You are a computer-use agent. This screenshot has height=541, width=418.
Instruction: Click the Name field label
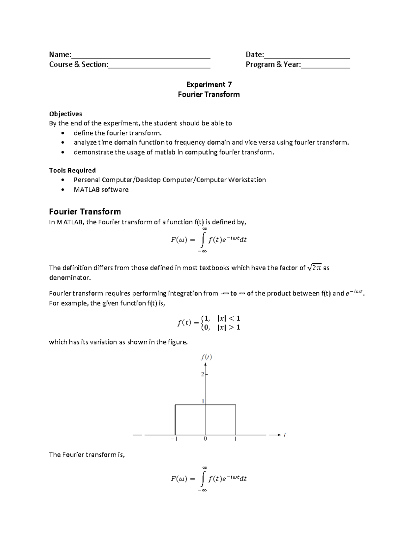pos(60,54)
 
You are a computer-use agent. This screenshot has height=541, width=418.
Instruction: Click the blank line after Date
pos(307,56)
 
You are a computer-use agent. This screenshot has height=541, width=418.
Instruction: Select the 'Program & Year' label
pos(273,64)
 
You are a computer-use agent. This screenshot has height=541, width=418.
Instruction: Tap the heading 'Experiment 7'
pos(209,84)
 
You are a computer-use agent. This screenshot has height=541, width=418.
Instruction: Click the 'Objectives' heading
pos(65,114)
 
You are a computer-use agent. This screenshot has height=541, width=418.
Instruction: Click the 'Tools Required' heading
pos(72,170)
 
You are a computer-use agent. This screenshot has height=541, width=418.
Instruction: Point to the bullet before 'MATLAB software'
pos(62,190)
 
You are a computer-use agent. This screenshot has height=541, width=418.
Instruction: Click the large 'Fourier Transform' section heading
pos(85,211)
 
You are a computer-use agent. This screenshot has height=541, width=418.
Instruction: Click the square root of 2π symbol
pos(315,268)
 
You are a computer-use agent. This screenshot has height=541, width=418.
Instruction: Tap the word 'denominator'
pos(69,278)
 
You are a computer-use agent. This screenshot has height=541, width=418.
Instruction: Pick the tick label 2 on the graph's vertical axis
pos(202,374)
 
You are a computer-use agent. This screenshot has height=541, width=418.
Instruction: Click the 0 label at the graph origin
pos(205,439)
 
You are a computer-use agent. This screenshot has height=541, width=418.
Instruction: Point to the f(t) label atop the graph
pos(206,357)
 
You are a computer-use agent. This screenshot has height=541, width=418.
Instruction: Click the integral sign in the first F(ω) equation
pos(203,240)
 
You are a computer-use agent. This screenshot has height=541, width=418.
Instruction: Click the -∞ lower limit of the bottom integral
pos(202,490)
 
